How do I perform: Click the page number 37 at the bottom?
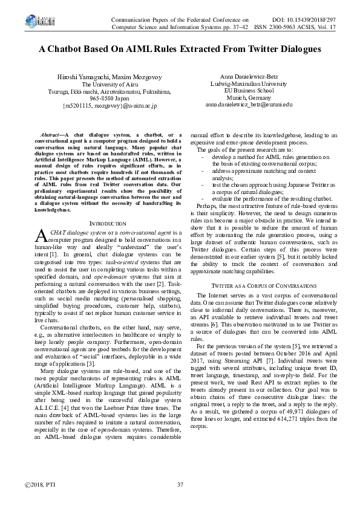pyautogui.click(x=180, y=485)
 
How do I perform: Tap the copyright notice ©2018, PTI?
pyautogui.click(x=36, y=485)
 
